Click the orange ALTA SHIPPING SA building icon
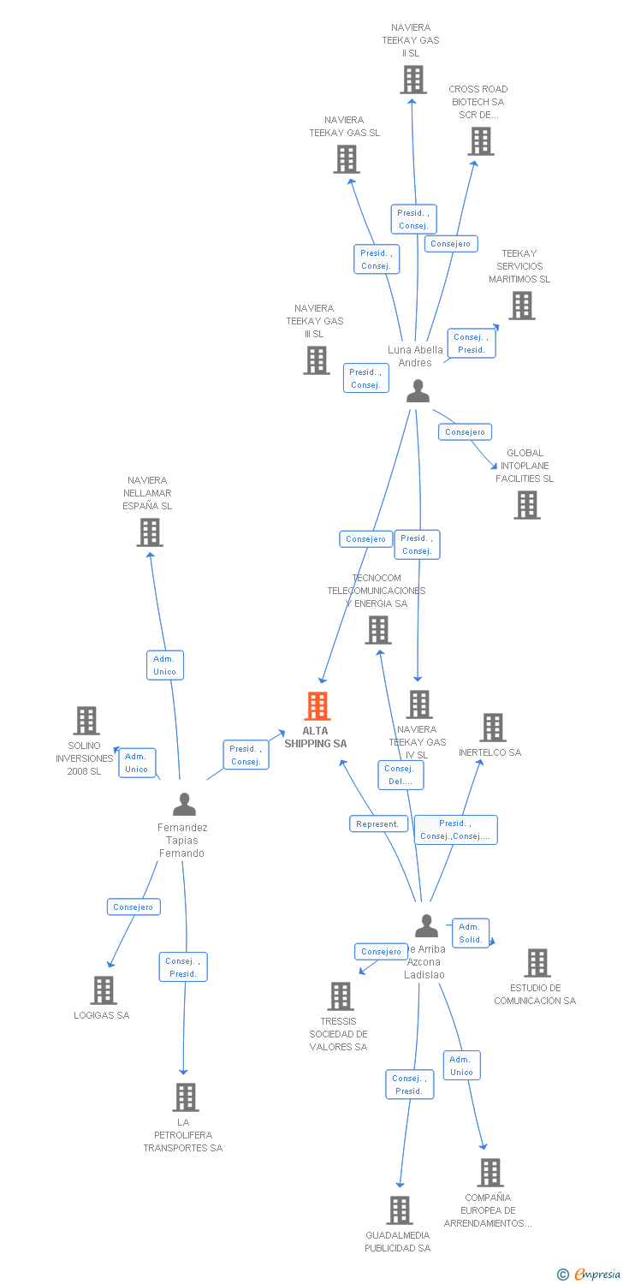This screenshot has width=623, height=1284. point(317,706)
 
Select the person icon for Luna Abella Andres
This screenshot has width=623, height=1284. point(418,391)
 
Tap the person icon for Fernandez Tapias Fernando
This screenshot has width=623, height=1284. point(184,805)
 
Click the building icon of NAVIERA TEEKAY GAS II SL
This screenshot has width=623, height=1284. point(413,80)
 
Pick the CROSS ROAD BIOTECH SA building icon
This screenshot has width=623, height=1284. point(481,141)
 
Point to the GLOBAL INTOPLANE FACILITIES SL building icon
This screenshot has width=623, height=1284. point(527,505)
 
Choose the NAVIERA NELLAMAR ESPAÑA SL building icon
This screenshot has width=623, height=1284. point(150,532)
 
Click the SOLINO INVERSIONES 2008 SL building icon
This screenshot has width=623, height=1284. point(86,721)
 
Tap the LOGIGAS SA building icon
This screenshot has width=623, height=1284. point(104,990)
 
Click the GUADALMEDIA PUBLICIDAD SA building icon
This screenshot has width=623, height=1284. point(400,1210)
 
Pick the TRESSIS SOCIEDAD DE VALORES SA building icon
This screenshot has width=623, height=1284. point(341,996)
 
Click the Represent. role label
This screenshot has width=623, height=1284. point(377,823)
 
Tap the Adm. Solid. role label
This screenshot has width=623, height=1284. point(471,933)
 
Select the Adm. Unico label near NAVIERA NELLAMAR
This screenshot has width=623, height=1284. point(164,665)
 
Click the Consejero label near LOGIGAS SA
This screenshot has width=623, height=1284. point(133,907)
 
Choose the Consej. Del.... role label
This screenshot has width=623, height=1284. point(400,775)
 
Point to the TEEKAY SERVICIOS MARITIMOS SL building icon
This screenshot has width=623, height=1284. point(522,306)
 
